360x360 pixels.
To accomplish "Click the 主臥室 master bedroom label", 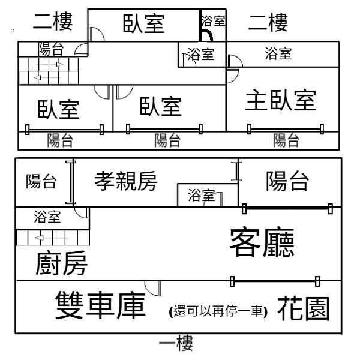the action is [281, 101].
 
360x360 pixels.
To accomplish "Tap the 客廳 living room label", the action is [262, 242].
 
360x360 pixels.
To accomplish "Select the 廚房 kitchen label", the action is [62, 263].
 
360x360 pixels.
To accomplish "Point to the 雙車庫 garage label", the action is [101, 305].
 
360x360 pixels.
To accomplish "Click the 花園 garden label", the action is [304, 308].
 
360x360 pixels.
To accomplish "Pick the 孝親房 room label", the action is [126, 181].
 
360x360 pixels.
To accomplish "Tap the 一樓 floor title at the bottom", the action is [176, 343].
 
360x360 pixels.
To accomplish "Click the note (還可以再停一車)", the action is [218, 311].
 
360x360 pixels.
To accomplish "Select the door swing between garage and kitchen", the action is [152, 288].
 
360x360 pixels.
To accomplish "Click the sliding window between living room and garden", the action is [275, 281].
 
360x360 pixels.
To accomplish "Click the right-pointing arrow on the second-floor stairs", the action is [50, 64].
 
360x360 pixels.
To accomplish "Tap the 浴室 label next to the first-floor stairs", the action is [47, 217].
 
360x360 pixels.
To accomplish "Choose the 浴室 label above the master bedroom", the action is [278, 54].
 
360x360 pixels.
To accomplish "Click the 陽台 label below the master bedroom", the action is [286, 140].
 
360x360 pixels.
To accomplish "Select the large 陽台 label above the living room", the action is [287, 181].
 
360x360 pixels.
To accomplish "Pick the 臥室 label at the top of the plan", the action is [144, 23].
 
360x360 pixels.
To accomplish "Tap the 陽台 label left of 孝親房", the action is [41, 181].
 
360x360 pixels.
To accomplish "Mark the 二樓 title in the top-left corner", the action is [53, 22].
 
